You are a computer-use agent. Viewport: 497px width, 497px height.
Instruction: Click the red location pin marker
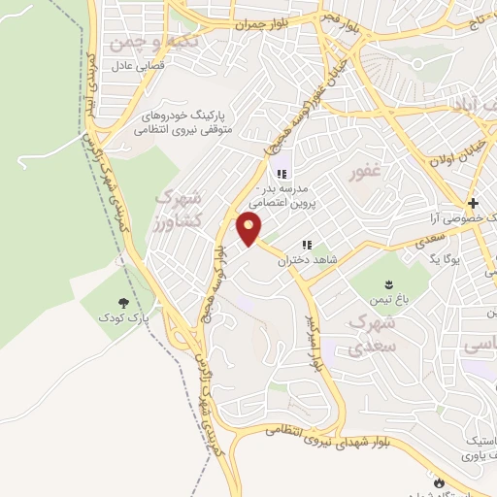(249, 229)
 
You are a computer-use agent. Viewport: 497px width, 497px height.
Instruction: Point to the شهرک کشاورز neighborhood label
(184, 209)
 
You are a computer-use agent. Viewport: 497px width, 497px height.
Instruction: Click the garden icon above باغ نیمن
(389, 283)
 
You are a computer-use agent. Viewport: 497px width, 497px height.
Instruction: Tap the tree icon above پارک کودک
(123, 304)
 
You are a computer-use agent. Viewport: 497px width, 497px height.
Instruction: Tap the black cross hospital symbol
(473, 204)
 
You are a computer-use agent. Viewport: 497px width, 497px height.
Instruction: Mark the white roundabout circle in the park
(420, 65)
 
